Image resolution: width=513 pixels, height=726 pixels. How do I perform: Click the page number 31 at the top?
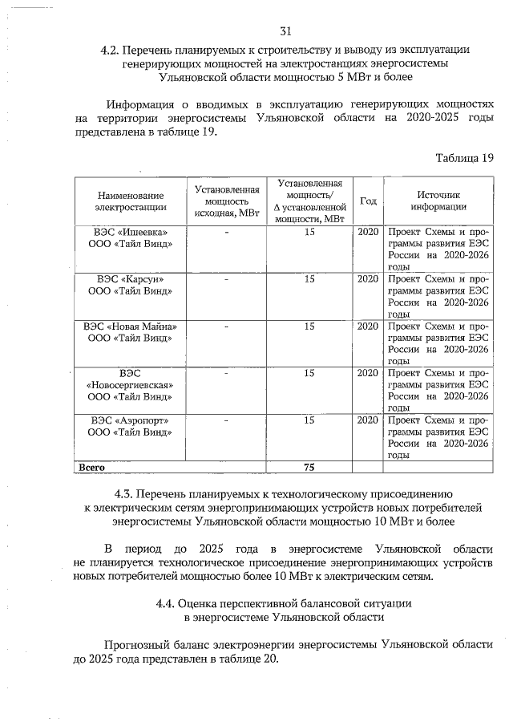[x=285, y=31]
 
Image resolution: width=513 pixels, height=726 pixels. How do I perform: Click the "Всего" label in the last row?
[x=91, y=466]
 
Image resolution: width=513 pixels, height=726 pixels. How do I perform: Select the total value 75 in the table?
[x=309, y=466]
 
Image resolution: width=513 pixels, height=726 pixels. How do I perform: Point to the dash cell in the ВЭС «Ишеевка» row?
[x=227, y=233]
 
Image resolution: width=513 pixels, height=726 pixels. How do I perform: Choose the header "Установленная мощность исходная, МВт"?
[x=227, y=201]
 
